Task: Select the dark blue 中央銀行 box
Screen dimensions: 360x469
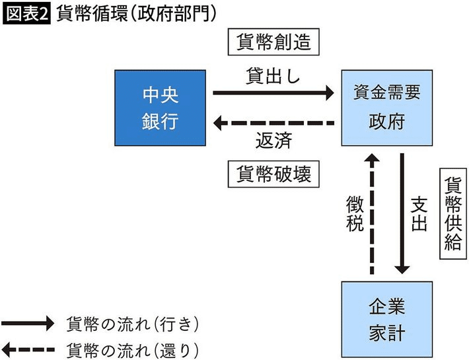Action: pyautogui.click(x=161, y=108)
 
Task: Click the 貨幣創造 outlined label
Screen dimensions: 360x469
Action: pyautogui.click(x=273, y=44)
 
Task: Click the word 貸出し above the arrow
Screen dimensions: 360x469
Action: pyautogui.click(x=273, y=75)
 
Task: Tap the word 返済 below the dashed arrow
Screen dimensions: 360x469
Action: pyautogui.click(x=273, y=141)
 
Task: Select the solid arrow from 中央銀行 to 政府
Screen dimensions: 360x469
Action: pyautogui.click(x=273, y=93)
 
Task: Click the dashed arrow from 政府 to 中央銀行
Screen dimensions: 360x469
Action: pyautogui.click(x=273, y=123)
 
